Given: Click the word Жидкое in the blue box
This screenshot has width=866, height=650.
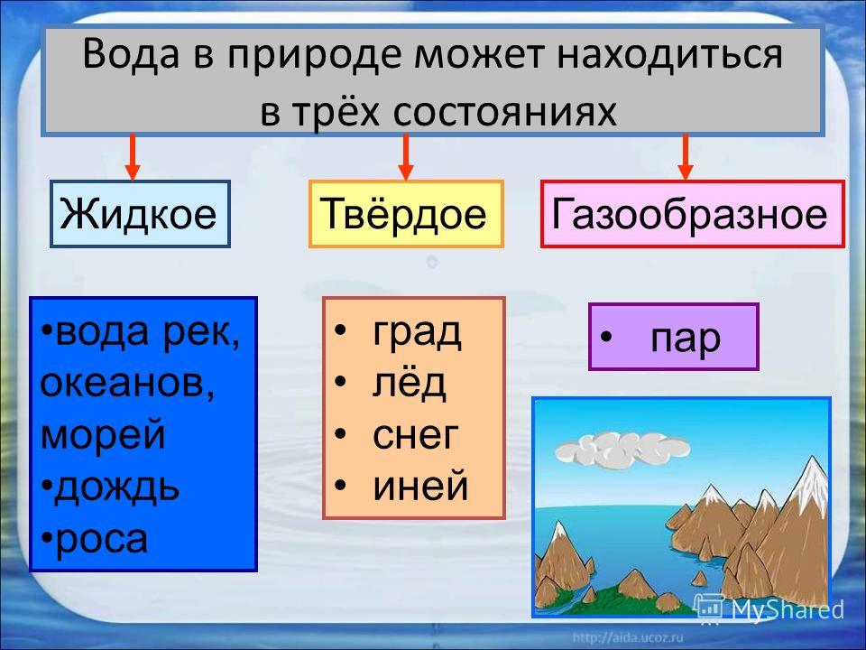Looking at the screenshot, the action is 138,213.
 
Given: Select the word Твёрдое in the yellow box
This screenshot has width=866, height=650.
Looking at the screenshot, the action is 403,213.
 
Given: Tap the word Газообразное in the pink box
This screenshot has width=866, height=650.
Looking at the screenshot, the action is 690,213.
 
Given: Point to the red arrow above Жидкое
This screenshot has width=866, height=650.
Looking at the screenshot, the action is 133,156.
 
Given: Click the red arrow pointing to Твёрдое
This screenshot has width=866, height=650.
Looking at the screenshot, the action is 406,156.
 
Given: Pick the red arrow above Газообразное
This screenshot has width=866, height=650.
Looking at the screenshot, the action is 686,156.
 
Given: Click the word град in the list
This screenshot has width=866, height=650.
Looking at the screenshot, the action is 417,333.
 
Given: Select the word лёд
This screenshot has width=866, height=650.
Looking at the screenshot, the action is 409,383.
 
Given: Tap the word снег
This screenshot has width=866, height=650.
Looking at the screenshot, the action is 415,435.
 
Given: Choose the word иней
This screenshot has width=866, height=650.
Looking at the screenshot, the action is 420,487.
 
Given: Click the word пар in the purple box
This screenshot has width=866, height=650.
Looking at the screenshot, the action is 686,339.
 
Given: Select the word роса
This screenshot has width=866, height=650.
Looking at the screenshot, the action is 102,540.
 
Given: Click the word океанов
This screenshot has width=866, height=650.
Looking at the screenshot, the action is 127,383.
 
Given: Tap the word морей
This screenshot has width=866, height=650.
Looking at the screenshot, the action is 103,434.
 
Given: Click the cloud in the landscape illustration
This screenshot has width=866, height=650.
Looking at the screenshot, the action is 622,448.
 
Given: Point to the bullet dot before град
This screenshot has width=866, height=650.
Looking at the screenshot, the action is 340,330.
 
